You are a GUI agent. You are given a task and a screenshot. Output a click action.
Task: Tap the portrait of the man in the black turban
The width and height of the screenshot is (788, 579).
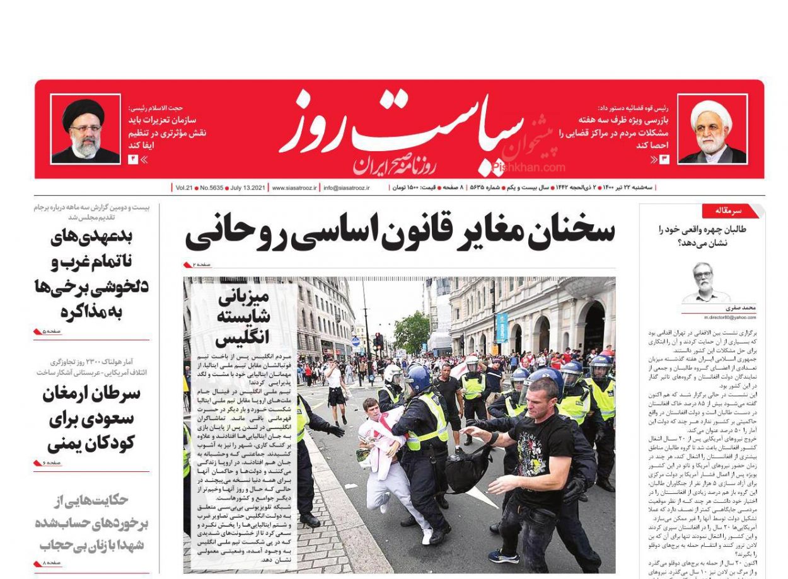click(x=85, y=129)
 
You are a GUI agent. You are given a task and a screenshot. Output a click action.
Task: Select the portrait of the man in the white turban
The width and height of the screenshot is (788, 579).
click(x=712, y=129)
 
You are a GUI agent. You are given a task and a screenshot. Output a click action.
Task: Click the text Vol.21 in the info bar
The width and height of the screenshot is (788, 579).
click(x=184, y=188)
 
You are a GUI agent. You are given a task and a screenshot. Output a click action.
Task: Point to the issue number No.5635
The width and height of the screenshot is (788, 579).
click(x=214, y=188)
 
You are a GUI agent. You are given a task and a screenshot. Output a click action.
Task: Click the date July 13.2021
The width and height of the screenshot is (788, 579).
click(x=248, y=188)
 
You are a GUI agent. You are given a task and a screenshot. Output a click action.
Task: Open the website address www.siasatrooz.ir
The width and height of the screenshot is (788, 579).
click(x=294, y=188)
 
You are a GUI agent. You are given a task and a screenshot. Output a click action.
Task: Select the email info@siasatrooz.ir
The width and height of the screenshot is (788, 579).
click(x=346, y=188)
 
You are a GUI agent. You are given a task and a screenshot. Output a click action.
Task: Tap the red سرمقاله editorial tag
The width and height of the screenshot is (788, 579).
click(x=728, y=210)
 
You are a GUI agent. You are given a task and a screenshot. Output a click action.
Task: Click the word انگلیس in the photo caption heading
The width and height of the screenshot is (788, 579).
click(x=242, y=338)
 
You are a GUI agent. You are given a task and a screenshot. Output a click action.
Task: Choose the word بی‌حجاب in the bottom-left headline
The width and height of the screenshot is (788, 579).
click(x=61, y=544)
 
